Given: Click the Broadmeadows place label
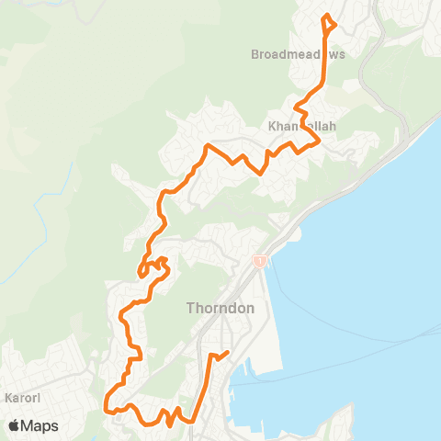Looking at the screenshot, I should pyautogui.click(x=298, y=55).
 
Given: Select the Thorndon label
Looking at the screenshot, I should pyautogui.click(x=220, y=308).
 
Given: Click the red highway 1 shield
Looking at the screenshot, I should pyautogui.click(x=261, y=262).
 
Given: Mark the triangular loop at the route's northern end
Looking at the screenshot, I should pyautogui.click(x=328, y=21).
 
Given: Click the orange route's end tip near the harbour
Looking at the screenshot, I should pyautogui.click(x=227, y=352).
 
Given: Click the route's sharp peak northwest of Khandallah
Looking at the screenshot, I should pyautogui.click(x=208, y=146).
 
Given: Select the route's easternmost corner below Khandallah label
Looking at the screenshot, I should pyautogui.click(x=318, y=141).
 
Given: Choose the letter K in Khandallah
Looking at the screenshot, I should pyautogui.click(x=273, y=125).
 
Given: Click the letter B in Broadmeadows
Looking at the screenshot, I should pyautogui.click(x=255, y=55).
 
